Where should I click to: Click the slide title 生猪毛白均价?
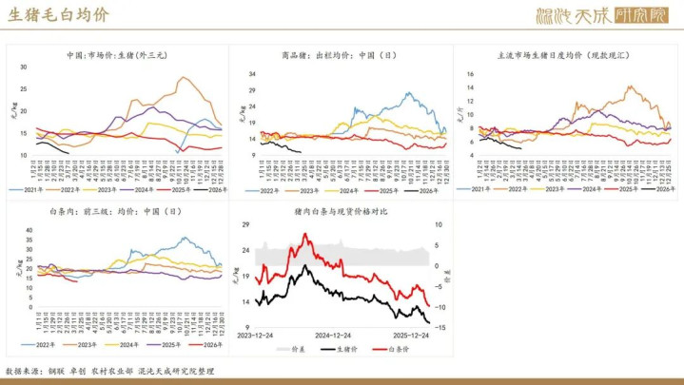tap(58, 16)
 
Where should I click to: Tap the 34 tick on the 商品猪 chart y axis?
tap(252, 72)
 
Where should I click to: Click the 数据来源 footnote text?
tap(110, 371)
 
